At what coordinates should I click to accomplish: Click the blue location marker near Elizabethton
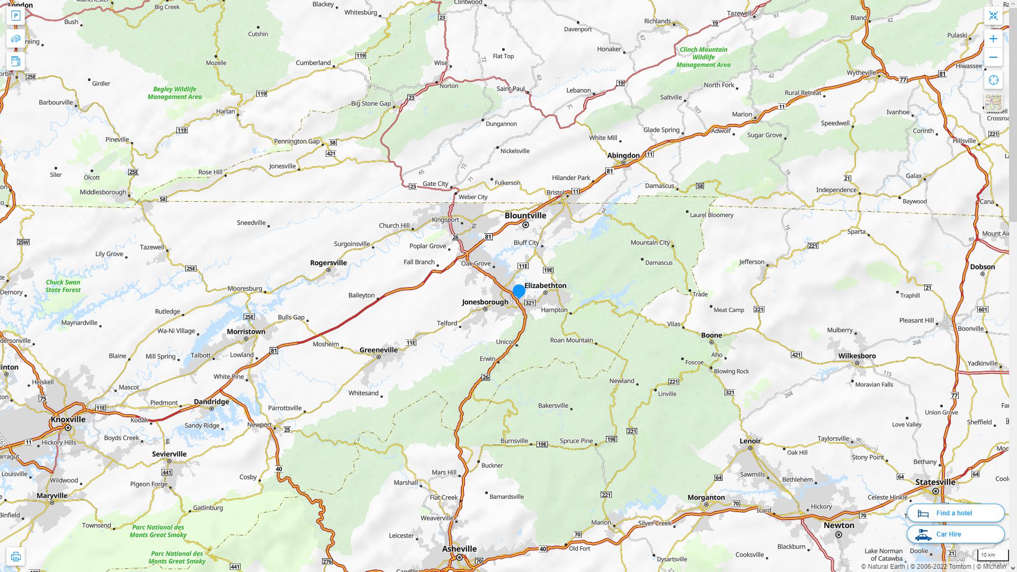click(519, 291)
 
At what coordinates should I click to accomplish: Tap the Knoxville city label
click(68, 419)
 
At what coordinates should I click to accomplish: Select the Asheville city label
click(459, 549)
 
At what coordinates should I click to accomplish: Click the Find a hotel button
click(955, 513)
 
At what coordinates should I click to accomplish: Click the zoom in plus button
click(993, 39)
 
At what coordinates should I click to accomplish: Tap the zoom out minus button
click(993, 57)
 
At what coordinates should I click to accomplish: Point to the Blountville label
click(525, 216)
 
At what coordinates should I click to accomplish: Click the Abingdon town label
click(623, 155)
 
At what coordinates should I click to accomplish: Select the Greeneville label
click(378, 350)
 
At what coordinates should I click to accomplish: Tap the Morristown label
click(246, 332)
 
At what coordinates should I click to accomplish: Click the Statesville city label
click(935, 482)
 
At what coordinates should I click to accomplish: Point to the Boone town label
click(711, 335)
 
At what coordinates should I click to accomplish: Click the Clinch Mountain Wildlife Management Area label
click(703, 57)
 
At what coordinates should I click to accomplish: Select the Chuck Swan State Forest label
click(63, 286)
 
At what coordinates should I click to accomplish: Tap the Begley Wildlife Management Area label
click(174, 93)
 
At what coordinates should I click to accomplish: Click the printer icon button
click(16, 557)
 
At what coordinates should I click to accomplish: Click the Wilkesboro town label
click(857, 356)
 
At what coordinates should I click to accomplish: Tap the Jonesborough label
click(485, 302)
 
